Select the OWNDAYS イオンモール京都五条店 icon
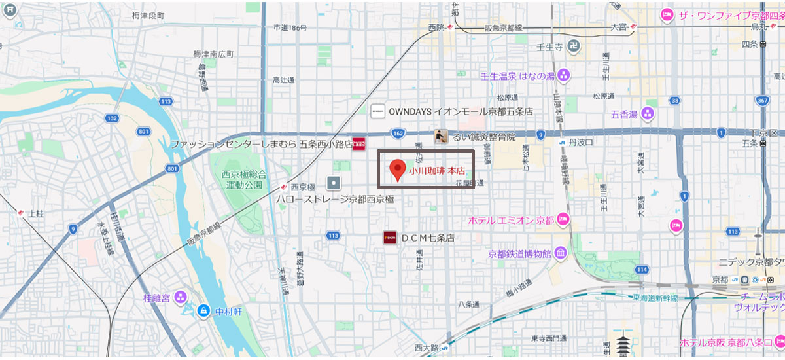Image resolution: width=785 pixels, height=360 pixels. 377,111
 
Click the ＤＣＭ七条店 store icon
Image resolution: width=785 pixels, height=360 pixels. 391,238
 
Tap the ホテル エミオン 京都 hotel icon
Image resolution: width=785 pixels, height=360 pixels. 564,220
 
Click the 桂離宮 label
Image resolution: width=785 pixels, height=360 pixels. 157,298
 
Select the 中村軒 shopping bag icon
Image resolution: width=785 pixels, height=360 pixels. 204,310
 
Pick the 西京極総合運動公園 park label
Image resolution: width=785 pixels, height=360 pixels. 245,179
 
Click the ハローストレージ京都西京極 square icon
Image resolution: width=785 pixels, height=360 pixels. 334,183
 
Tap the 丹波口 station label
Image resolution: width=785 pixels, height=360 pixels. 580,142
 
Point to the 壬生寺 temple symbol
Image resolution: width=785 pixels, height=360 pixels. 573,46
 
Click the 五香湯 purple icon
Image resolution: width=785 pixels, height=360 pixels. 648,114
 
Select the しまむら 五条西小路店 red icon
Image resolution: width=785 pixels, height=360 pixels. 359,143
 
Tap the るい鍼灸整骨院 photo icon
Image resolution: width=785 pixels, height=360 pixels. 442,136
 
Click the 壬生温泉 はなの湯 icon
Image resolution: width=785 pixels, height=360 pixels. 564,75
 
